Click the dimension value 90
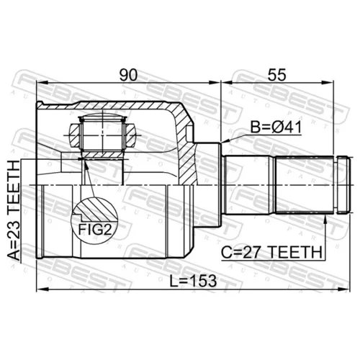128,75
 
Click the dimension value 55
277,75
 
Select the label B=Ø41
276,127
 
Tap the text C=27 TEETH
271,252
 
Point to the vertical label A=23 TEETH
14,211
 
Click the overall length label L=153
193,281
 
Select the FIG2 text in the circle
95,230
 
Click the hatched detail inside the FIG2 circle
96,210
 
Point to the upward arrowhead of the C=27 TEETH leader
325,220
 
